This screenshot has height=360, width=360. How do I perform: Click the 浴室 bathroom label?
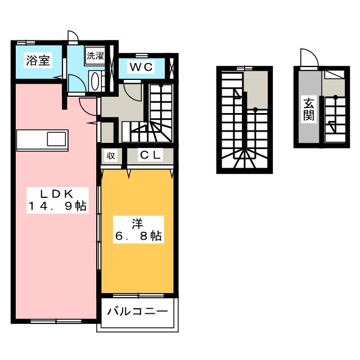[x=37, y=61]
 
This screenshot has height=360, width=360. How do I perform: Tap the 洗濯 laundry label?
[x=94, y=56]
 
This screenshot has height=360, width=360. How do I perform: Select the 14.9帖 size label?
[x=57, y=206]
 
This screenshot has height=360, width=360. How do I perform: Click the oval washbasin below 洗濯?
[x=95, y=80]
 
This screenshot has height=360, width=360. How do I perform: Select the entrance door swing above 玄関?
[x=308, y=58]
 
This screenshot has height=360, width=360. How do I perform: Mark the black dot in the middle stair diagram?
[x=255, y=109]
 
